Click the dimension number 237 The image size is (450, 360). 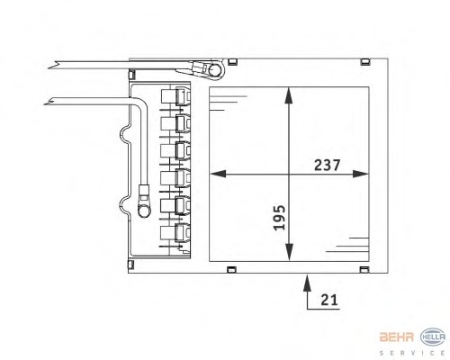coord(327,166)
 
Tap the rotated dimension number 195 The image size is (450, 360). coord(279,218)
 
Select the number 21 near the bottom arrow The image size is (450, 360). coord(329,300)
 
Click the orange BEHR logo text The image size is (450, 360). coord(396,337)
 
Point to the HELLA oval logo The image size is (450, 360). coord(433,337)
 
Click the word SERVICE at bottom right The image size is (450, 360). coord(412,353)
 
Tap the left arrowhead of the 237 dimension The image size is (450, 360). coord(218,174)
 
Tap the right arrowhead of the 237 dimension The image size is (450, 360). coord(360,174)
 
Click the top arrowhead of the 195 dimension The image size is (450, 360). coord(289,95)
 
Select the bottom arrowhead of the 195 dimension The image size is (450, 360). coord(289,252)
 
